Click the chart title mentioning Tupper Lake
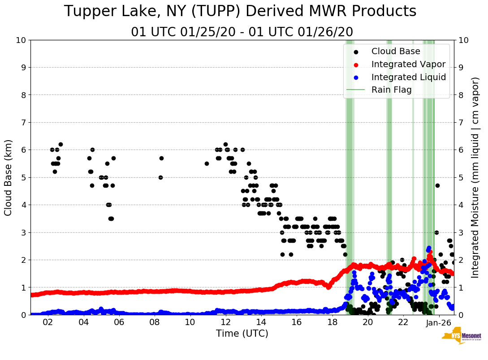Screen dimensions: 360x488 pos(240,12)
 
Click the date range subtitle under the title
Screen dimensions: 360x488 pos(242,32)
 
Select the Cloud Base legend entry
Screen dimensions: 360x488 pos(396,51)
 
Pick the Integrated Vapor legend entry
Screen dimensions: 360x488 pos(408,64)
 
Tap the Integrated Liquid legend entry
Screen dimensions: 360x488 pos(408,77)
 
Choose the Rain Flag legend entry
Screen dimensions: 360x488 pos(391,90)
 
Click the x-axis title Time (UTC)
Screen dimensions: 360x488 pos(242,334)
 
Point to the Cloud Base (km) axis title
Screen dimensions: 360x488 pos(9,177)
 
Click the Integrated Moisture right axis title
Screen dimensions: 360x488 pos(475,177)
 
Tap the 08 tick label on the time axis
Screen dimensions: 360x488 pos(155,322)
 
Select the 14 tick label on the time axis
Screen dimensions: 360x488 pos(261,322)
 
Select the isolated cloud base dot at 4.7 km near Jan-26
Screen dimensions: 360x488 pos(437,185)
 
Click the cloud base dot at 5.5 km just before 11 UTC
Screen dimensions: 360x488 pos(207,163)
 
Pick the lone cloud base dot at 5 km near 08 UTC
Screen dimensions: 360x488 pos(160,177)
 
